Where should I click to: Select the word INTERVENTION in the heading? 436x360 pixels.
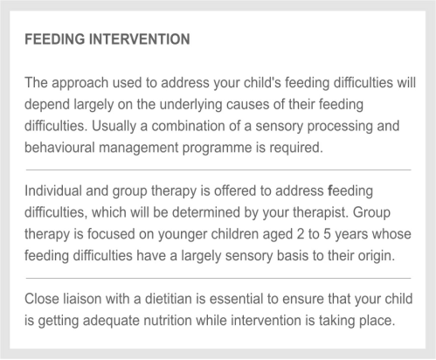click(139, 39)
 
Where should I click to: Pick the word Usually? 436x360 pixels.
click(114, 127)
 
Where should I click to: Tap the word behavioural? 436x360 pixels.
click(59, 148)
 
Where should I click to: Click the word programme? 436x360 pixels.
click(217, 149)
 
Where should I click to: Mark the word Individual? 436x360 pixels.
click(53, 191)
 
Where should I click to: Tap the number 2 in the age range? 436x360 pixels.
click(301, 234)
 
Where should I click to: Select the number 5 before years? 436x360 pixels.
click(327, 234)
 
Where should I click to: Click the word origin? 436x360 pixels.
click(377, 256)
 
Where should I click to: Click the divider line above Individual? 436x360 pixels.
click(218, 170)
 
